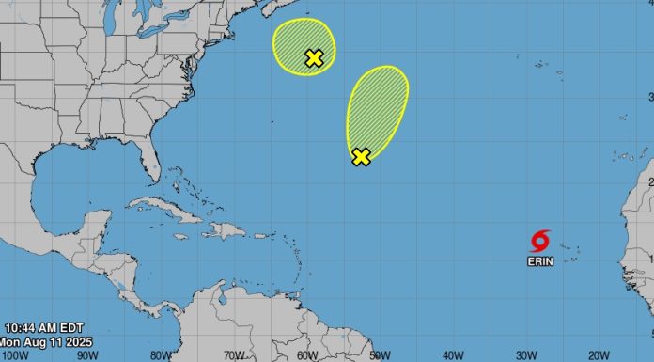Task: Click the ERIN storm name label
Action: pos(540,260)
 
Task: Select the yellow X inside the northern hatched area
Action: pos(314,58)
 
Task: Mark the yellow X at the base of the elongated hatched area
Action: pos(361,157)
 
